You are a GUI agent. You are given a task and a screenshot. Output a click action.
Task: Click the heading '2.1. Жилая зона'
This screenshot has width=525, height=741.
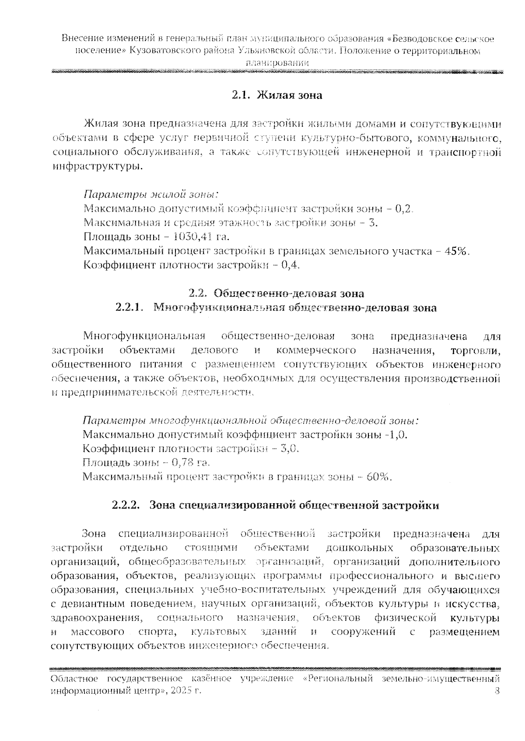click(276, 95)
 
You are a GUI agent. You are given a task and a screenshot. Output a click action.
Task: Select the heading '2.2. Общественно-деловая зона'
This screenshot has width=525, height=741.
click(276, 293)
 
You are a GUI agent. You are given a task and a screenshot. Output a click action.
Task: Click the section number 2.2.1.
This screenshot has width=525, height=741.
click(129, 307)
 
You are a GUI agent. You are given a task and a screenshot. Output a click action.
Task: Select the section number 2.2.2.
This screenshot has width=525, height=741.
click(126, 505)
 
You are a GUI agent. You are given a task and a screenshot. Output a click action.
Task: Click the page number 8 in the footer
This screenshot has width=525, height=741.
click(497, 691)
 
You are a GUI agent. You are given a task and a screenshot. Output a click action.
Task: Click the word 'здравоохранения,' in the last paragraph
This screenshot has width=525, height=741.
click(97, 618)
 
